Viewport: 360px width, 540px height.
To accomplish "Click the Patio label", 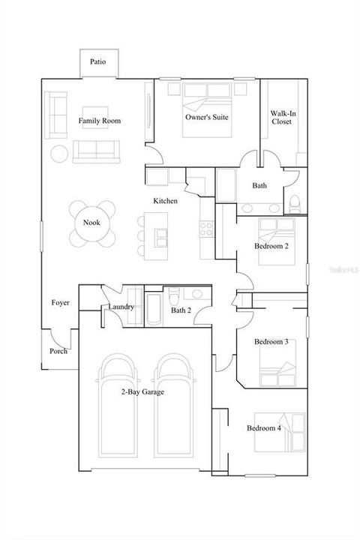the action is point(97,61).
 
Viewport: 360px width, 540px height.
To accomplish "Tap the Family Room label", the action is point(100,121).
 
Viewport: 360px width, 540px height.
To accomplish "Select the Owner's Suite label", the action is point(207,117).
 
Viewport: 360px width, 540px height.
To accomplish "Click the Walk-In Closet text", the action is point(283,118).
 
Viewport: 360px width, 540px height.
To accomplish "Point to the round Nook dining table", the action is point(92,223).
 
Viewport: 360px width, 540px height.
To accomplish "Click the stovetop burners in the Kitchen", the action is point(206,229).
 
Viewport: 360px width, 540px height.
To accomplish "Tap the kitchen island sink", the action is point(161,238).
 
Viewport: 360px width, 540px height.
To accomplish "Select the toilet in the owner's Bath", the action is point(295,205).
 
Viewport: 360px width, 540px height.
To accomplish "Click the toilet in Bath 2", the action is point(174,296).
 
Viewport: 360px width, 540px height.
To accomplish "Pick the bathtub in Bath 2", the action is point(154,309).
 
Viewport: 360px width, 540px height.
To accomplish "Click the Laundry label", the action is point(121,307).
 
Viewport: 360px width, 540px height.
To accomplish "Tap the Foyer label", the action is point(60,303).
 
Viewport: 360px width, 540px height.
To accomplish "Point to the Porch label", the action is point(58,351).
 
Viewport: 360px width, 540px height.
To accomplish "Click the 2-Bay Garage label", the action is point(142,392).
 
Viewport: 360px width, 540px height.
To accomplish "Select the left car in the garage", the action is point(118,405).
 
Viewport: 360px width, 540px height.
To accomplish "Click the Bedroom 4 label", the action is point(264,428).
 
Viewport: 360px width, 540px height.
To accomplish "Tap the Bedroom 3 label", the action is point(271,342).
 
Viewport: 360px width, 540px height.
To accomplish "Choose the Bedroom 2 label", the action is point(271,246).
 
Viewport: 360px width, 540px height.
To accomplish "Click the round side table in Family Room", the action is point(59,154).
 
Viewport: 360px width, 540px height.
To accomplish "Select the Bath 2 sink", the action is point(196,294).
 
